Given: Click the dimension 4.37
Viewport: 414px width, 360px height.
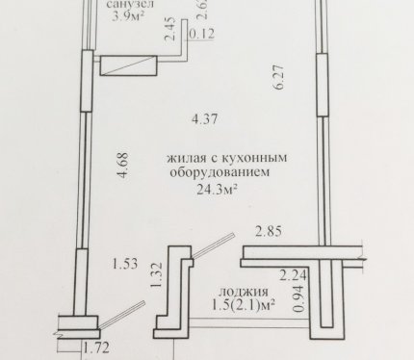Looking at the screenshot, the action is point(205,119).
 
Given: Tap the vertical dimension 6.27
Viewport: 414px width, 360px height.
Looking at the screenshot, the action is point(278,77).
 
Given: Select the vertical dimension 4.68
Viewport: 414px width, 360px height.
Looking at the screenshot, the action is point(123,165).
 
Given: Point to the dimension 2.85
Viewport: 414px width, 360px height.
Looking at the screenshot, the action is point(269,231).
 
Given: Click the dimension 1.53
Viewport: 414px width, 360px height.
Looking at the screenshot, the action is point(125,264).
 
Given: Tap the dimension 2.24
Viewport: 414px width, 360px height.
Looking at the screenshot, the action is point(294,275).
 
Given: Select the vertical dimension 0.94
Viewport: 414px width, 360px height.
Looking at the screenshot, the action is point(298,298).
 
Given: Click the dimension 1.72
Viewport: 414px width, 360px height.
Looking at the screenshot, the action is point(96,348).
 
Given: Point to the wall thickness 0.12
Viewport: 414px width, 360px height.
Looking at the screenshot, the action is point(201,34).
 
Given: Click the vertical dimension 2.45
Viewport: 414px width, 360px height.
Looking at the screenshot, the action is point(170,29).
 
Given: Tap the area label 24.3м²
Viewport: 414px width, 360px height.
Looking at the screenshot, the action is point(217,190).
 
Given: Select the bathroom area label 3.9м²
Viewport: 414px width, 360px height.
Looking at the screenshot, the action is point(127,16).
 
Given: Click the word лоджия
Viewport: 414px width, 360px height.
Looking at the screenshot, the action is point(244,293).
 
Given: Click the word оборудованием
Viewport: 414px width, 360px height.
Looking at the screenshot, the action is point(220,172).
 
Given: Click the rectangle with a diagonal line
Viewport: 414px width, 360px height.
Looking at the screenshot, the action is point(128,65).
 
